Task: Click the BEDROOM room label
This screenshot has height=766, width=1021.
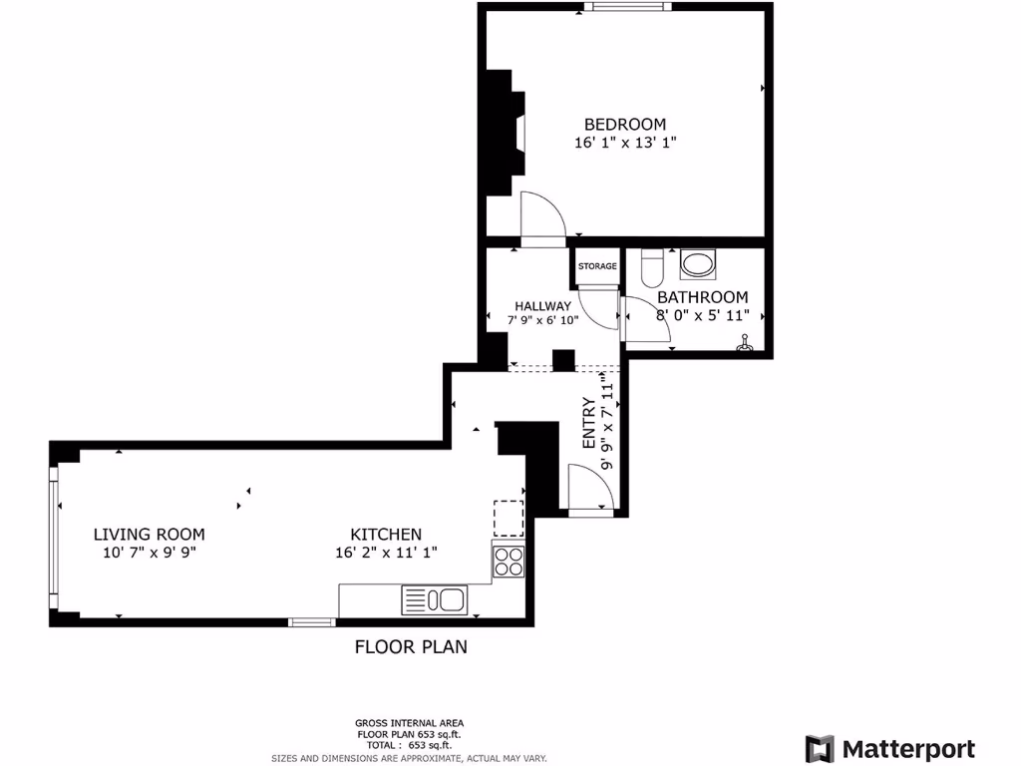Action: pos(624,124)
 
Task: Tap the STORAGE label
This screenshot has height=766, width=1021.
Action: pos(597,266)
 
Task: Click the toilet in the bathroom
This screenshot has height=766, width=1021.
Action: pos(651,268)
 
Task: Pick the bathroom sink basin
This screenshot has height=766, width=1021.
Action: pos(697,265)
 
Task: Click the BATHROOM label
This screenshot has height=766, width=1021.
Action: pos(702,297)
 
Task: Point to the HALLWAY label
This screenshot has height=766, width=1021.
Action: pos(542,305)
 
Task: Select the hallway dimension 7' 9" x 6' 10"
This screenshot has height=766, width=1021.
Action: pos(542,321)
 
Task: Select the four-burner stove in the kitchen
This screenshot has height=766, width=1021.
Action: pos(509,562)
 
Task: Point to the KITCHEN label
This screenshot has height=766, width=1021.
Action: pos(385,535)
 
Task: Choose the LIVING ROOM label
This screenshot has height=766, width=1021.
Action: pos(149,534)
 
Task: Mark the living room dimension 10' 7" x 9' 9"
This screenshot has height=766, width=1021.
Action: pos(149,553)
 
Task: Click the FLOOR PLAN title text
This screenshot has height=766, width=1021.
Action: pos(411,646)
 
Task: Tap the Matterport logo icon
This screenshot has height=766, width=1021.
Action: pos(820,748)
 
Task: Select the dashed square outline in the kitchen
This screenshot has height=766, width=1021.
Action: pos(509,517)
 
